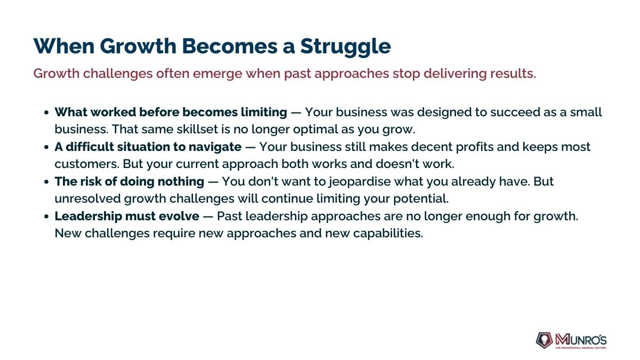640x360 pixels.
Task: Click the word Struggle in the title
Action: click(x=346, y=47)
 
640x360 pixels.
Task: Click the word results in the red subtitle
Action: click(x=513, y=74)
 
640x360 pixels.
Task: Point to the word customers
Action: click(x=87, y=164)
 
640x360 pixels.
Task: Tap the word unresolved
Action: click(x=87, y=198)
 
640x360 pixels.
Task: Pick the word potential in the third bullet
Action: click(x=421, y=199)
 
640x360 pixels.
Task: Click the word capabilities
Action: click(x=388, y=234)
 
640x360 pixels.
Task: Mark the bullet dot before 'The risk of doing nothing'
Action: click(x=46, y=182)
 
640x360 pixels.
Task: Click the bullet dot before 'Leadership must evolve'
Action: click(x=46, y=217)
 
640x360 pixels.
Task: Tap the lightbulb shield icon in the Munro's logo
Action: click(x=545, y=340)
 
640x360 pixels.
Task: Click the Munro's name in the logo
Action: click(x=581, y=340)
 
